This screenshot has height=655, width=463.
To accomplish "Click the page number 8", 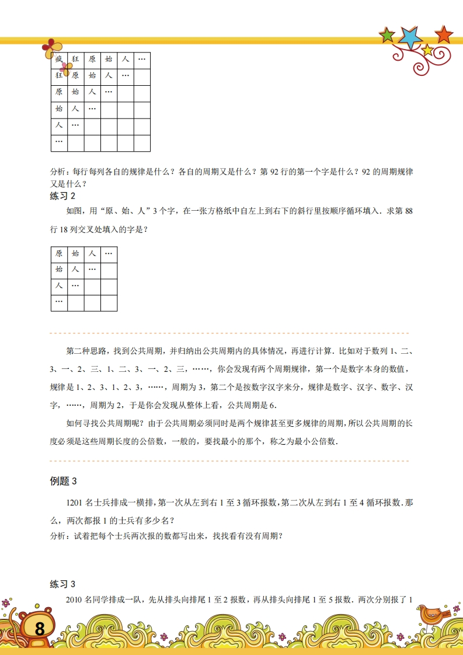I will click(x=39, y=629).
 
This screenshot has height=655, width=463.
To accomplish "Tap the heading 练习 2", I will click(x=63, y=196).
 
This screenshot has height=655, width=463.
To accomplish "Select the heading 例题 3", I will click(x=64, y=481).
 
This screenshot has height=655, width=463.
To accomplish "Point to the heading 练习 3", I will click(x=63, y=584).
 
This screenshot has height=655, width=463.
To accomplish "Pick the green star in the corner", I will click(x=387, y=36).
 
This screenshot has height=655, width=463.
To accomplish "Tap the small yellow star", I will click(x=428, y=50).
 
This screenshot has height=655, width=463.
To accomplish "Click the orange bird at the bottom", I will click(x=431, y=614).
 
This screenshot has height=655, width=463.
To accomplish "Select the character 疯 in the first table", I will click(x=59, y=60).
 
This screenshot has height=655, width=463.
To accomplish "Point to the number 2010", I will click(x=75, y=600).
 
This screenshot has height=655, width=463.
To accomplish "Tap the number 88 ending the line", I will click(x=408, y=211).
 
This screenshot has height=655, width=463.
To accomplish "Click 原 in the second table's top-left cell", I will click(x=59, y=254).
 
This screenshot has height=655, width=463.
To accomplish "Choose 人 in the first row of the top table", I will click(x=126, y=60).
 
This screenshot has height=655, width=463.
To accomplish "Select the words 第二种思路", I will click(x=87, y=351).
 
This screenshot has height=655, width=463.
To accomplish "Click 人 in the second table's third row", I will click(x=59, y=287).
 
